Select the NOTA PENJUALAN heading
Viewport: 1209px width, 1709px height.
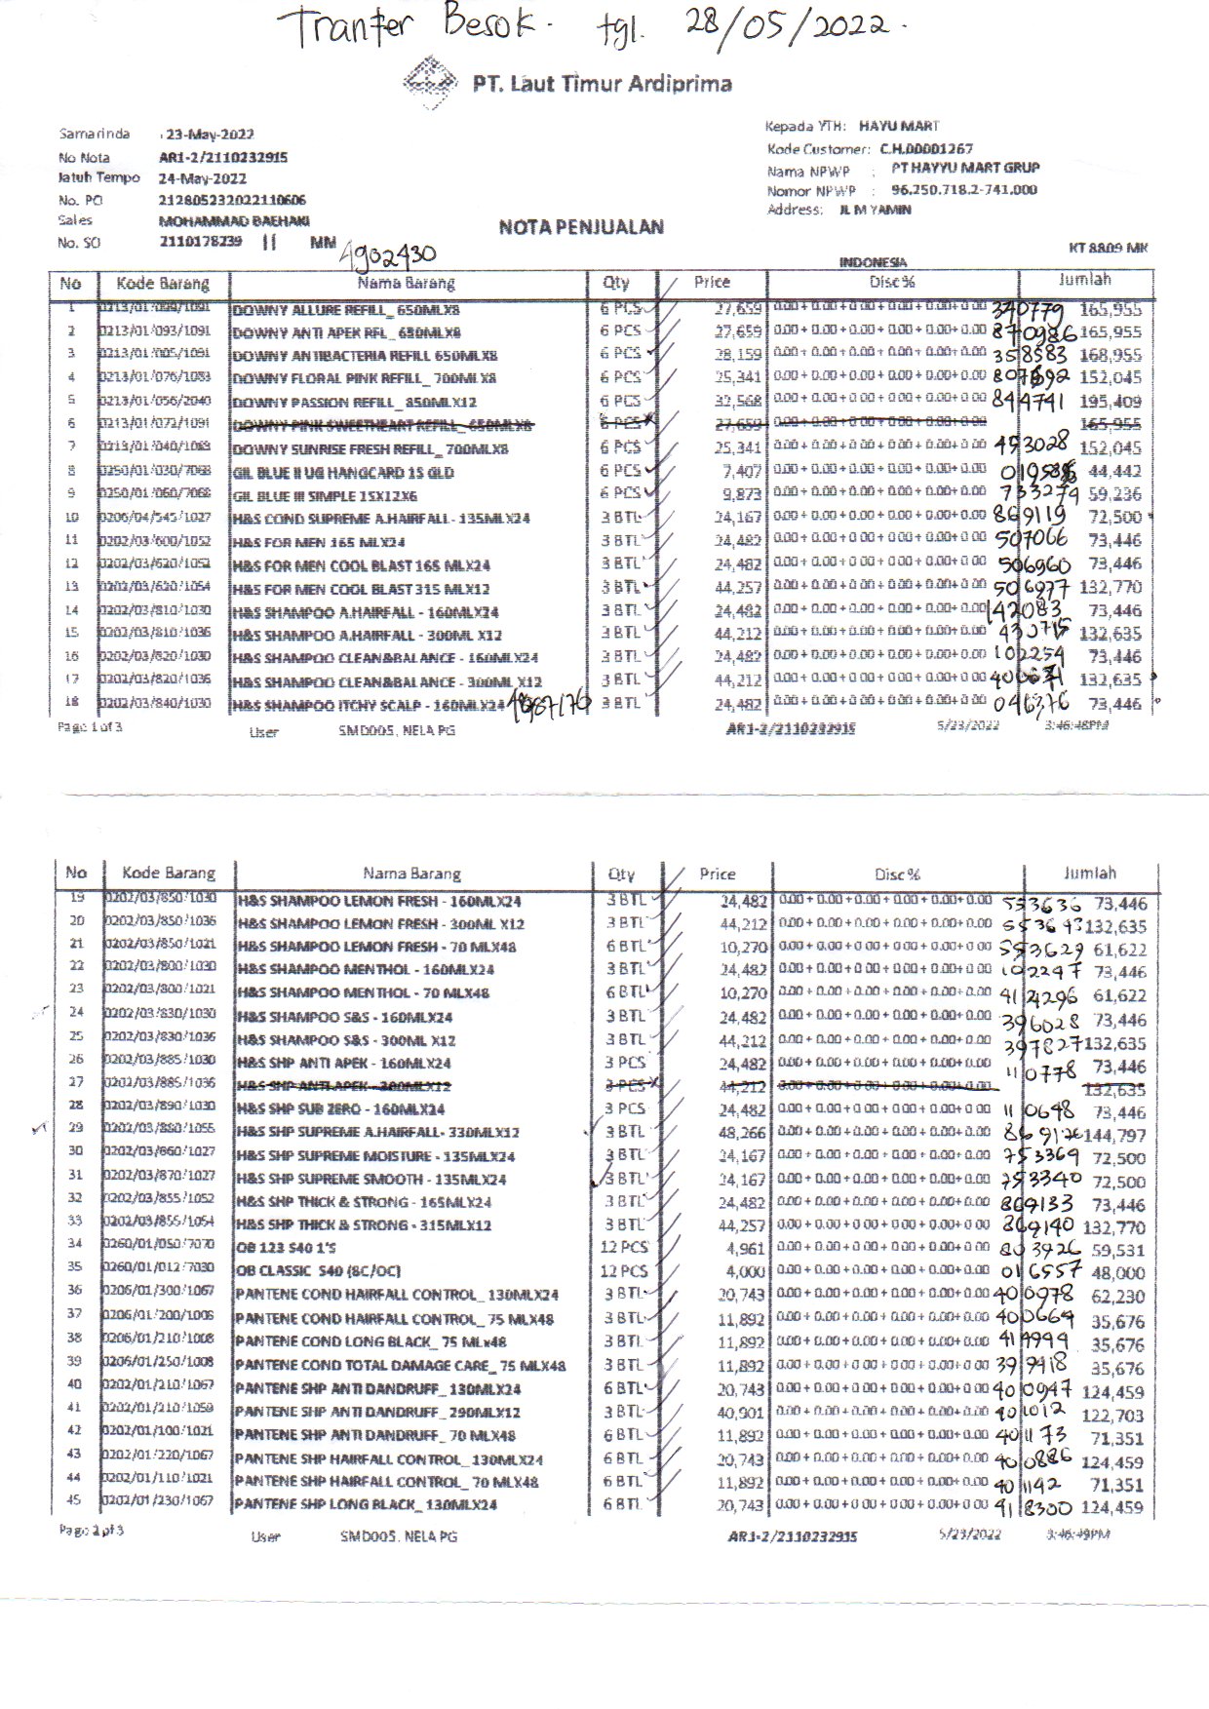click(581, 227)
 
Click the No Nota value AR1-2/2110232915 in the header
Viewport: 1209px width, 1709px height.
click(222, 157)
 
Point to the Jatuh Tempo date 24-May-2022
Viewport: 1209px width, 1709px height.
click(203, 178)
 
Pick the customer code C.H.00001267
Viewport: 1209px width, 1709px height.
click(926, 149)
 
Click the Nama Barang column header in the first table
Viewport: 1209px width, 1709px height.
click(407, 283)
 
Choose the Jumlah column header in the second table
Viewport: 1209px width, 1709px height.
click(1089, 874)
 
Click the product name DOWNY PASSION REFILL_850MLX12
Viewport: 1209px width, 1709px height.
click(353, 402)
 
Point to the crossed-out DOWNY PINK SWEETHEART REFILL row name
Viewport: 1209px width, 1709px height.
click(382, 425)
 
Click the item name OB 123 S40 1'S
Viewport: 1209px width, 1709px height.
click(285, 1248)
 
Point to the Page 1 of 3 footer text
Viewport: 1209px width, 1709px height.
click(90, 726)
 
